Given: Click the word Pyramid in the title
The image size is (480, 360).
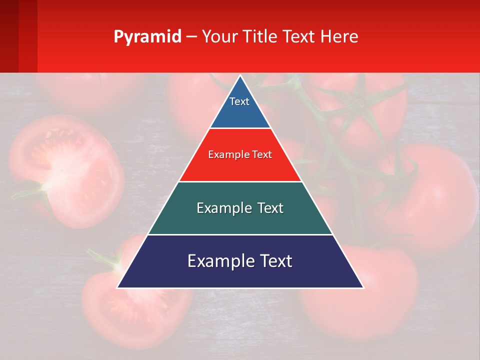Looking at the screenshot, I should [x=147, y=37].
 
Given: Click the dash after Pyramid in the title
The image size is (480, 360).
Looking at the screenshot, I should [x=191, y=37].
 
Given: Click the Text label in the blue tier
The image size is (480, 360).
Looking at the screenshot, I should [x=239, y=101].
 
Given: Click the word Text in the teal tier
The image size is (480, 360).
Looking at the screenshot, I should [x=270, y=208].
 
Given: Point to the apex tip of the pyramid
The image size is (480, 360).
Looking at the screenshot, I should [x=240, y=76].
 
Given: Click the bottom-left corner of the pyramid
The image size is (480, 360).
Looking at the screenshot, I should [x=118, y=287].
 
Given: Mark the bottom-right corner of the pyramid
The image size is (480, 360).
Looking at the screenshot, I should [x=363, y=287].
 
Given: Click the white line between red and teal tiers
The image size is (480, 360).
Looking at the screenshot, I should [x=240, y=181].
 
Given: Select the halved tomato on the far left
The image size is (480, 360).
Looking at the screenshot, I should [x=67, y=170].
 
